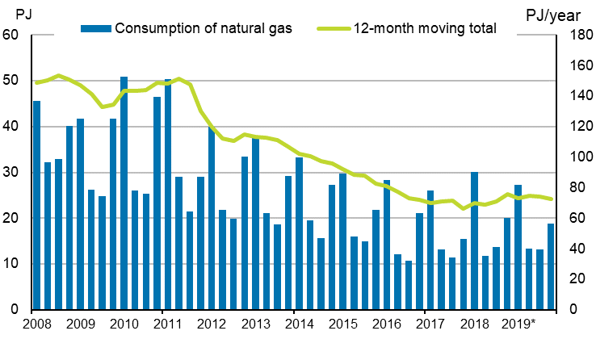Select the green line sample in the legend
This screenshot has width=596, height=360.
pyautogui.click(x=331, y=27)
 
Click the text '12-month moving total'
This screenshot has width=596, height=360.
pyautogui.click(x=424, y=27)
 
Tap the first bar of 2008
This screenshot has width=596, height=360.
pyautogui.click(x=36, y=205)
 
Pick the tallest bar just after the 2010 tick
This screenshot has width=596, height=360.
pyautogui.click(x=124, y=193)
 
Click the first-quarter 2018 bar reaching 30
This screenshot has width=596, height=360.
pyautogui.click(x=474, y=241)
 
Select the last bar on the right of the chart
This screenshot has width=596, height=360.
pyautogui.click(x=551, y=266)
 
